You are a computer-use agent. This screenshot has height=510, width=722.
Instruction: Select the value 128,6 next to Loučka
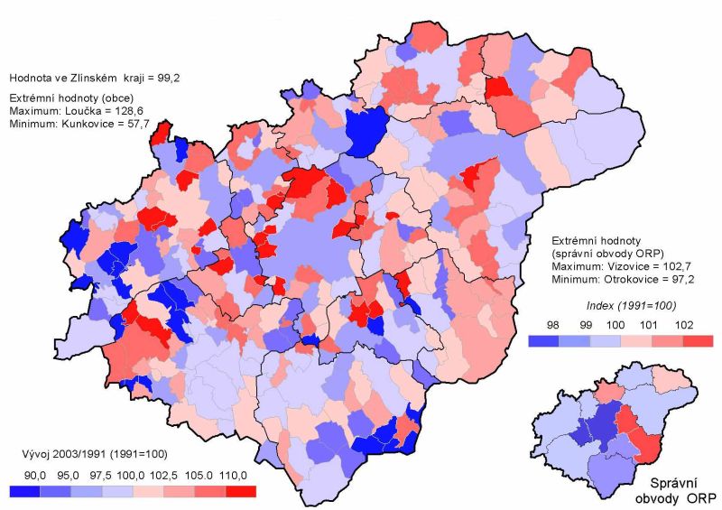pos(131,110)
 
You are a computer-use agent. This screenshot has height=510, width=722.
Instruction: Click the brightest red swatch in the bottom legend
pos(241,490)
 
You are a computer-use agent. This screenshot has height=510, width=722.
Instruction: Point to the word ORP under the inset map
pos(703,498)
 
